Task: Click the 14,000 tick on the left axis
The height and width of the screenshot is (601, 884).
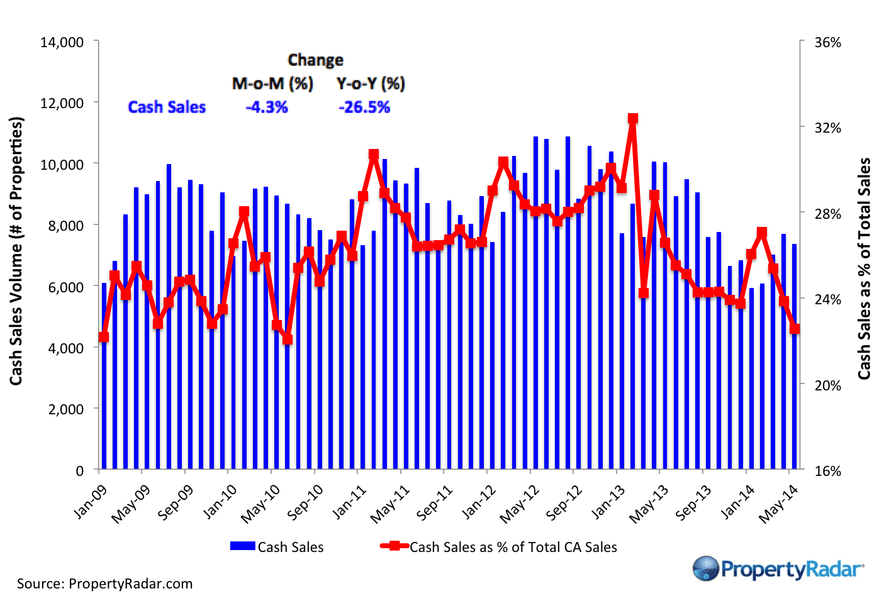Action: (62, 42)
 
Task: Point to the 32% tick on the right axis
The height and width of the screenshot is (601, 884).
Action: (827, 128)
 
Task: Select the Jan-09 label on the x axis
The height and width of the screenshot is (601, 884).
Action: (91, 502)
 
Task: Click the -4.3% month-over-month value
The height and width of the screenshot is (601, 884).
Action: (267, 108)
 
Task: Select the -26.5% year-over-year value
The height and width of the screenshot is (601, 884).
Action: (364, 108)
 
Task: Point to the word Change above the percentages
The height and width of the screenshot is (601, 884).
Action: (315, 60)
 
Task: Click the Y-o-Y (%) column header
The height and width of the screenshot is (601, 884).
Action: (371, 84)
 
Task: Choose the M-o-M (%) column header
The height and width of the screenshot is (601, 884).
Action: (272, 84)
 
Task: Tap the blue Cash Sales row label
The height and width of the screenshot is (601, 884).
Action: (167, 108)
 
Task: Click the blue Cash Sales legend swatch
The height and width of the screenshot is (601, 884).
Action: (242, 546)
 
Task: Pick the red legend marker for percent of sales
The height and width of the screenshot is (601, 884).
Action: (394, 546)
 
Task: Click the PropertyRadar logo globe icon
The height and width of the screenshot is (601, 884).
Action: (705, 569)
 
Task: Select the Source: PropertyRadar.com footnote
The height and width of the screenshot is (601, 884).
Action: (104, 583)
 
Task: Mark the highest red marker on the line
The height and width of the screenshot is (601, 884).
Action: (633, 118)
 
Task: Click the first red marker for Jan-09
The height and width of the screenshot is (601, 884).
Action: (104, 337)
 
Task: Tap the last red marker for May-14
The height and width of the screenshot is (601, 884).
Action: (795, 329)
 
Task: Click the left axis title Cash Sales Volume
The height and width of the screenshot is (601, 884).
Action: (16, 251)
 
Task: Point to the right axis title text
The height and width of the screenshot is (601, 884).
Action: (865, 268)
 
